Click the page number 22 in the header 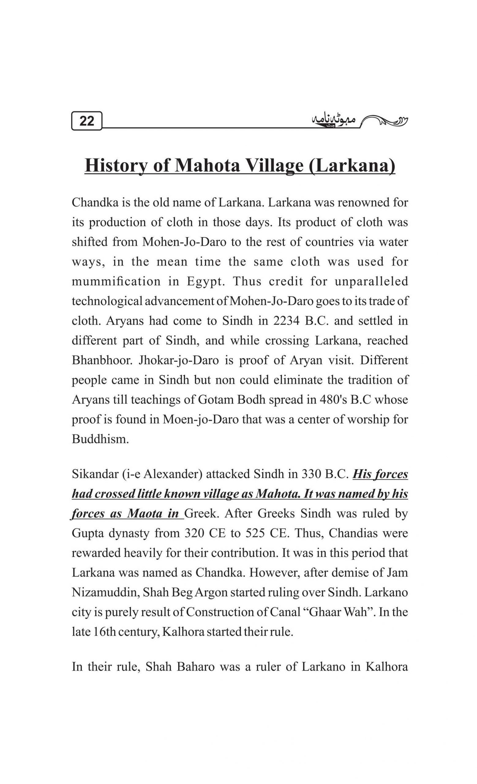(87, 121)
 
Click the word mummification (116, 281)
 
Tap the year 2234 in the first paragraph (287, 321)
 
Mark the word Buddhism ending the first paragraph (100, 439)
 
